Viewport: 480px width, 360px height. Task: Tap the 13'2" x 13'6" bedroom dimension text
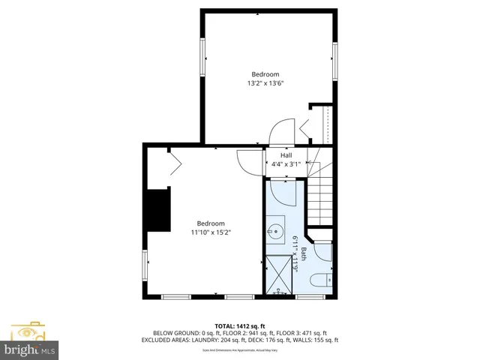(265, 83)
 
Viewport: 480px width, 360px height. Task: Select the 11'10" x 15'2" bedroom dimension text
(211, 232)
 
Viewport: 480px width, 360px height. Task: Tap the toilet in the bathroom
(319, 281)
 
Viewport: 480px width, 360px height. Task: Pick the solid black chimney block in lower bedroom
(158, 211)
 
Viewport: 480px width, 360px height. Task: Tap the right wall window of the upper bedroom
(334, 57)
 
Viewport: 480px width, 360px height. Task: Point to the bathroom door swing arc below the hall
(285, 193)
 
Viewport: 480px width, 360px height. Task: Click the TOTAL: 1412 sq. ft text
(239, 325)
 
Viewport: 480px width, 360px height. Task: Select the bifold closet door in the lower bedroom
(173, 161)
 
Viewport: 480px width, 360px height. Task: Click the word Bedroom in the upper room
(265, 74)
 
